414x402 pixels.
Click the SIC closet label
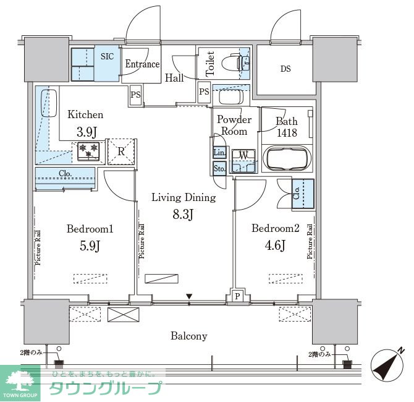(108, 56)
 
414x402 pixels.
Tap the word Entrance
(142, 64)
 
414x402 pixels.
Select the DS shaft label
(285, 69)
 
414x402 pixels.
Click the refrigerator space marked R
(121, 150)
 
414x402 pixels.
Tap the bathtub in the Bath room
(287, 158)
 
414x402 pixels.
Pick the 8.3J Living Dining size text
(183, 215)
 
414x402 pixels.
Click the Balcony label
(189, 336)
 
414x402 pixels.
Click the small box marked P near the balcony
(237, 296)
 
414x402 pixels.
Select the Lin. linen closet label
(218, 153)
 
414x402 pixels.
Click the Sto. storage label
(219, 168)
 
